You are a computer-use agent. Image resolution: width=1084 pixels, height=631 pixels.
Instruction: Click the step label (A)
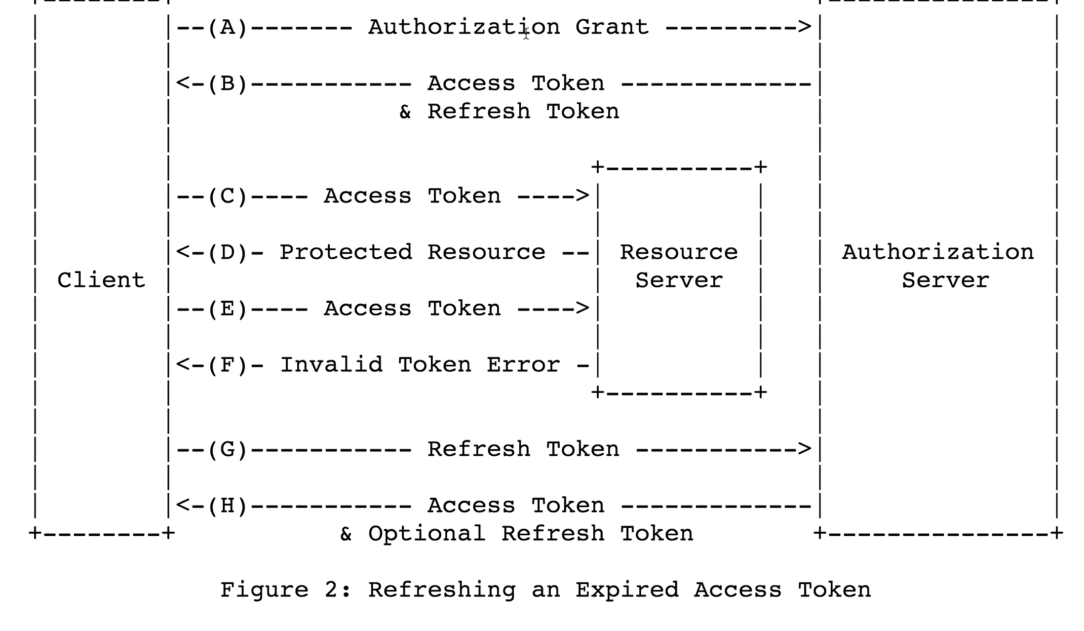click(x=227, y=27)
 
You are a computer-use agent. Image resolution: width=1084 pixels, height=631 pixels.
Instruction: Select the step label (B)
click(x=227, y=84)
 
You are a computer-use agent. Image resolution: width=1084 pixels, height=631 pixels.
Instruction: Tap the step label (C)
click(x=227, y=197)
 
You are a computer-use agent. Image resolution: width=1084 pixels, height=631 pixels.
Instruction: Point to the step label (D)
click(x=227, y=253)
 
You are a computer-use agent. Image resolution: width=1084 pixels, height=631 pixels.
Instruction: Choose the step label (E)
click(x=227, y=309)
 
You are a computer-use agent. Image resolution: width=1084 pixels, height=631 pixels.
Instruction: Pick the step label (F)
click(x=227, y=365)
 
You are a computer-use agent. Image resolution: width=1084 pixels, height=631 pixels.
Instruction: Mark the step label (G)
click(x=227, y=450)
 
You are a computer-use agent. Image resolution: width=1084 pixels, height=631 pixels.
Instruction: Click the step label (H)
click(x=227, y=506)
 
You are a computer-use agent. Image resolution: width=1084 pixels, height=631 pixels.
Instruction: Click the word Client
click(x=101, y=280)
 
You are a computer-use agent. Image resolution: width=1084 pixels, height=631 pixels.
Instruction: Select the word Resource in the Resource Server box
click(x=679, y=252)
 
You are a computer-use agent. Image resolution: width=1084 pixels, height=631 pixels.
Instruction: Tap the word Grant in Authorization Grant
click(x=612, y=27)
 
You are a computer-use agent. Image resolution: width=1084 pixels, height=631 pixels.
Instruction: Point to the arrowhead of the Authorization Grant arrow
click(x=805, y=27)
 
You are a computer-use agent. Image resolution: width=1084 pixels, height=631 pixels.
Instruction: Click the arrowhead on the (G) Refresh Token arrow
click(x=805, y=449)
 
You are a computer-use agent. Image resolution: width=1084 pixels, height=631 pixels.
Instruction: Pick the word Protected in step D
click(x=346, y=253)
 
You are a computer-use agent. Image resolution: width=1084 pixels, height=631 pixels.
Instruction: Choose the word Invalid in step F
click(x=331, y=365)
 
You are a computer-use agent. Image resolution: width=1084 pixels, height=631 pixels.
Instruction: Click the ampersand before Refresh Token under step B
click(x=405, y=112)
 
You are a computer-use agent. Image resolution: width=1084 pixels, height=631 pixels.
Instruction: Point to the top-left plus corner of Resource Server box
click(x=597, y=167)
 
